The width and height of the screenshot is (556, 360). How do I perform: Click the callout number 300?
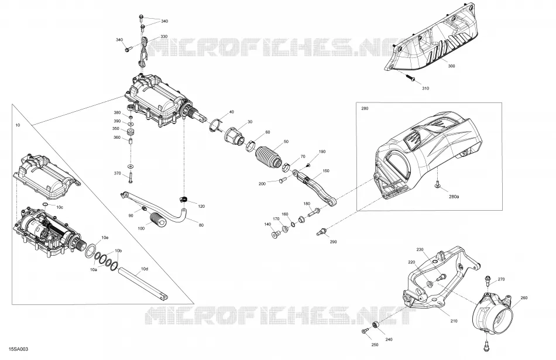click(x=451, y=66)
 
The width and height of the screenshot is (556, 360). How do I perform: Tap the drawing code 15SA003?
click(x=19, y=349)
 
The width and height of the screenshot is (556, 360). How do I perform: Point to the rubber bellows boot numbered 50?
click(x=267, y=155)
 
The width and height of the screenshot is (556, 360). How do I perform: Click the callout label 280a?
click(x=454, y=197)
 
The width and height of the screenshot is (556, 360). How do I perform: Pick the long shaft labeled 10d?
click(x=143, y=284)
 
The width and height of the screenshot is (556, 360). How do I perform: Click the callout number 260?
click(x=524, y=297)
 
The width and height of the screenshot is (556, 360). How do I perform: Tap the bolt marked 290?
click(x=321, y=232)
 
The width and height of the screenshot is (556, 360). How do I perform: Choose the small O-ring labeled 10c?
click(x=45, y=205)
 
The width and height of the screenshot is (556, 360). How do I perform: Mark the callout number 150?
click(x=325, y=170)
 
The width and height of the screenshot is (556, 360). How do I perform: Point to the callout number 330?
click(x=164, y=36)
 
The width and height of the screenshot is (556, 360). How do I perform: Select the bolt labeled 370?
click(x=131, y=177)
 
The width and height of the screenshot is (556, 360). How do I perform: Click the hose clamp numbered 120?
click(x=183, y=200)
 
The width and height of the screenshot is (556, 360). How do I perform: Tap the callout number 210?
click(x=454, y=321)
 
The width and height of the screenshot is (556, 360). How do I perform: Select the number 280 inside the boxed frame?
click(x=365, y=108)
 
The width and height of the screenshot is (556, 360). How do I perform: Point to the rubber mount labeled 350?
click(x=131, y=132)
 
